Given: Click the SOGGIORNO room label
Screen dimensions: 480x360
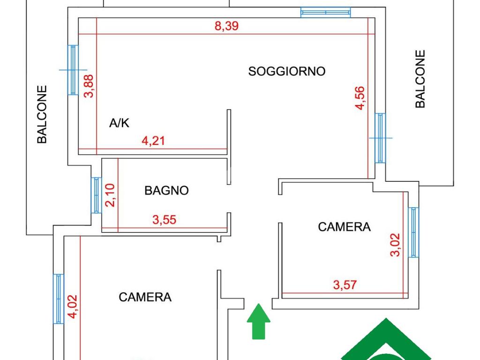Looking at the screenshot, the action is (x=286, y=71).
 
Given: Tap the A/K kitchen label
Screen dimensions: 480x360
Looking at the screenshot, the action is (x=119, y=123).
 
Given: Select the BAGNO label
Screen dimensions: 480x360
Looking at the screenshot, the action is (x=166, y=190).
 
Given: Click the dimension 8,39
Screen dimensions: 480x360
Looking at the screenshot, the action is (x=226, y=26).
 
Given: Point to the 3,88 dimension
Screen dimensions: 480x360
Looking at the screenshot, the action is (x=89, y=86).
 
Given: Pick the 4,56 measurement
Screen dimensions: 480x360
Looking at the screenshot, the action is (x=360, y=97).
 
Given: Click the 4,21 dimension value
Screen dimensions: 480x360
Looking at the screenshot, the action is (x=153, y=141).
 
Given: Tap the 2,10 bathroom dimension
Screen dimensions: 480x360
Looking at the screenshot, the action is (x=110, y=195).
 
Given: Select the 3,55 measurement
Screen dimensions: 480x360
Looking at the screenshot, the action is (x=165, y=220).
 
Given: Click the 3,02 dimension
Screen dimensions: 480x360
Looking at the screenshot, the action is (x=395, y=245).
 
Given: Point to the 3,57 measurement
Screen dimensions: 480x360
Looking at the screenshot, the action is (x=345, y=285).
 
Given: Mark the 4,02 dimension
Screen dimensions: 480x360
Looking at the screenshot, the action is (x=73, y=307).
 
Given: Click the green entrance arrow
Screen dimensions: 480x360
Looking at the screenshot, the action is (x=259, y=322).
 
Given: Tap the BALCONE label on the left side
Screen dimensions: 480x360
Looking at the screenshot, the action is (x=42, y=114).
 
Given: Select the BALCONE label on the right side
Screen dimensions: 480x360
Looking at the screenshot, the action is (x=420, y=79).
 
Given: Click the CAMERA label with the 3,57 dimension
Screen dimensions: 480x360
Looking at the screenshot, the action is (x=345, y=227).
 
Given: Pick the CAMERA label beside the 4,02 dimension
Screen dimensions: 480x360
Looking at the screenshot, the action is (x=145, y=297).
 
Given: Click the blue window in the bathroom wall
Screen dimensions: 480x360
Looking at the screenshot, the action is (x=96, y=195).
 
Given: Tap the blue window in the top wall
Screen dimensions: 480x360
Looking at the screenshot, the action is (x=325, y=12).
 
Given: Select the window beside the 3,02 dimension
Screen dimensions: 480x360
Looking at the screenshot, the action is (x=413, y=232).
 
